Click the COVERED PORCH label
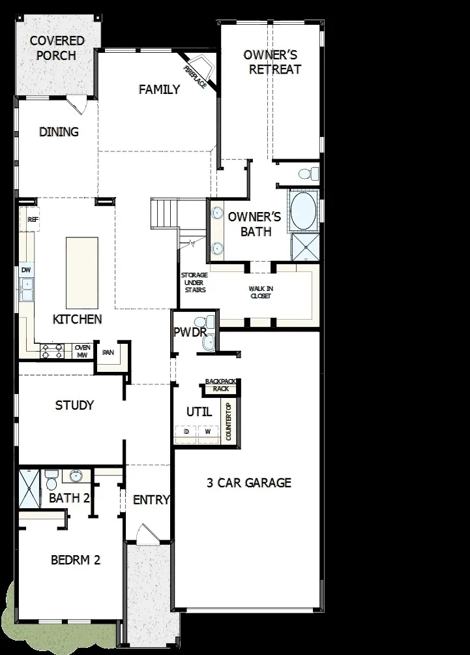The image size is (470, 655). coord(57,48)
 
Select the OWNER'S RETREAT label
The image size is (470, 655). coord(271,62)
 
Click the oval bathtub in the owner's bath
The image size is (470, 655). coord(303,211)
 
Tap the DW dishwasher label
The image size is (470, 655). coord(26,269)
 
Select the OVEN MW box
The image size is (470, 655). coord(82,352)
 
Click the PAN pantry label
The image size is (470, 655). coord(108,352)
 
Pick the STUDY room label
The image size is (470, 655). coord(74,405)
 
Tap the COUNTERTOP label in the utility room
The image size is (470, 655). coord(229,421)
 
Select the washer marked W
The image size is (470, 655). coord(208,432)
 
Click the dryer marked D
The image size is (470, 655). coord(186,432)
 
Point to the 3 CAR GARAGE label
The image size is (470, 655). coord(249,483)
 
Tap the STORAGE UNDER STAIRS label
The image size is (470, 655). coord(194,282)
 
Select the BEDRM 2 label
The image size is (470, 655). coord(76,560)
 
